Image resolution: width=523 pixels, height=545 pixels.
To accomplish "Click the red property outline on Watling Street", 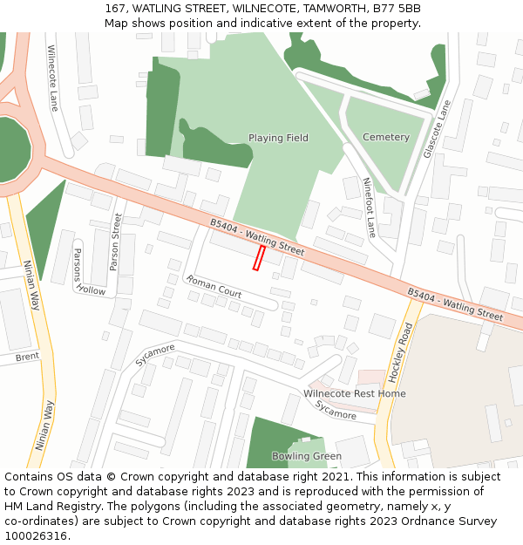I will coord(259,257).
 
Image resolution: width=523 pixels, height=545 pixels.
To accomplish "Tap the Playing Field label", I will coord(278,138).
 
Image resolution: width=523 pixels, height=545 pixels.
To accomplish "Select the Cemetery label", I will coord(385,137).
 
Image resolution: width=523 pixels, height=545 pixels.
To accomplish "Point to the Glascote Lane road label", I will coord(438,129).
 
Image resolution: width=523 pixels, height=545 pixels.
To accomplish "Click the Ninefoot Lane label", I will coord(370,208).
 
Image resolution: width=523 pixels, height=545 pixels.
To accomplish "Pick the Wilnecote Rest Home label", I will coord(354,393).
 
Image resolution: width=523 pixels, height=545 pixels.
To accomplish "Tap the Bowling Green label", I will coord(306,456).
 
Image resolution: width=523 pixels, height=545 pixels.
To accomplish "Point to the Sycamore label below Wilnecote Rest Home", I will coord(336,411).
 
